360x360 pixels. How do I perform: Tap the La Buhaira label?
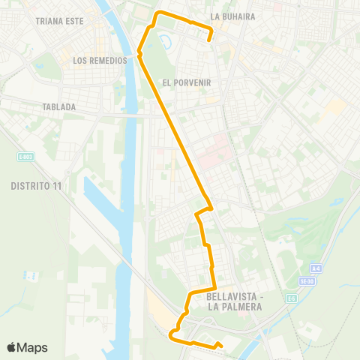[232, 16]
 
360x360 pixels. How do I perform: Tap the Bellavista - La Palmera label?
[232, 301]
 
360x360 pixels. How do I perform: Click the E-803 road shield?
[26, 157]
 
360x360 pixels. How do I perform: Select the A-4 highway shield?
[316, 268]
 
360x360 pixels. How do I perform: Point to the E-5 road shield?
[289, 298]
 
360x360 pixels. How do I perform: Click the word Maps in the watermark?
[33, 347]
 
